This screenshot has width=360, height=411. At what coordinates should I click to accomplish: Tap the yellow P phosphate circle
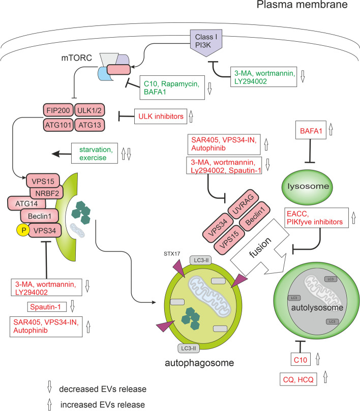pos(36,230)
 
